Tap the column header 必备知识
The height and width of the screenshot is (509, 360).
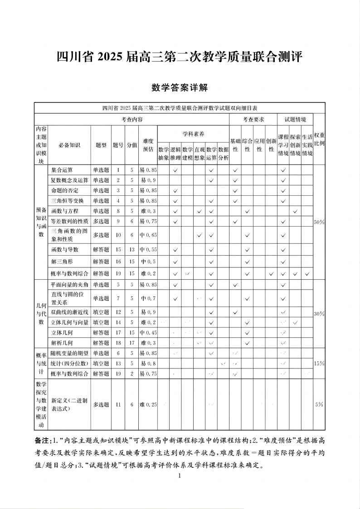69,145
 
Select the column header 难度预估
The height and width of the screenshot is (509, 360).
148,145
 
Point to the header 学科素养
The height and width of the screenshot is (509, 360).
193,134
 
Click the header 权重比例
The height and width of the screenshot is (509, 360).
319,140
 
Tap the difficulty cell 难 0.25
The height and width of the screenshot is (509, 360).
148,404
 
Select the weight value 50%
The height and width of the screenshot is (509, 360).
319,222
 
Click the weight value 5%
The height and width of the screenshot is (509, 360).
319,404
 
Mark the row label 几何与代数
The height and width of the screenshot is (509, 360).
41,313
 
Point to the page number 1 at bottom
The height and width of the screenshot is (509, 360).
180,475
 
